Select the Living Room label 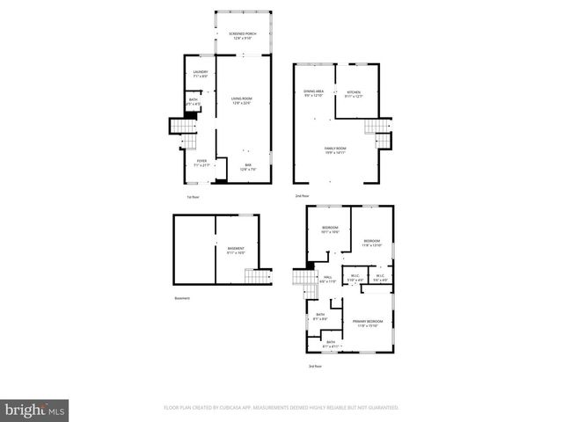241,100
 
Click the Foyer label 201,162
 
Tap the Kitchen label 354,93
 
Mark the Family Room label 335,150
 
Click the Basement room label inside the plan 236,251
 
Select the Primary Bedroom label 365,323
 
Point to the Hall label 326,279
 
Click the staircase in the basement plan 253,278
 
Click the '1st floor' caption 192,197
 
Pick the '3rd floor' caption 314,366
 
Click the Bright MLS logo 35,410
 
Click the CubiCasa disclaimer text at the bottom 281,408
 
